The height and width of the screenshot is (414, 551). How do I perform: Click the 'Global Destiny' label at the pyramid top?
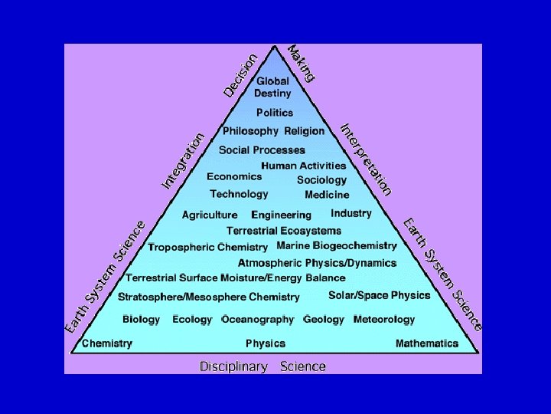point(273,87)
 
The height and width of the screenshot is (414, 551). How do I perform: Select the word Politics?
point(274,113)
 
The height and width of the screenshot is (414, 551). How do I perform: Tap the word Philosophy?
point(250,131)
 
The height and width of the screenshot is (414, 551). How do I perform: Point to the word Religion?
point(304,131)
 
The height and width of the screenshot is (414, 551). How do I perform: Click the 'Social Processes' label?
point(262,150)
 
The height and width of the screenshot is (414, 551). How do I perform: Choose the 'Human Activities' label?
point(303,166)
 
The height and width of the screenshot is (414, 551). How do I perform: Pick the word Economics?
point(234,176)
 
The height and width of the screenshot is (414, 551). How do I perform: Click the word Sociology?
point(321,180)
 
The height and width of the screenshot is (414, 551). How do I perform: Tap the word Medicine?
point(327,195)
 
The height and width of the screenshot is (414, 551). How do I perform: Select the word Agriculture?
point(210,215)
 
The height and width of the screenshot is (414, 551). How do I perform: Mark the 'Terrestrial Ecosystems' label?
point(284,231)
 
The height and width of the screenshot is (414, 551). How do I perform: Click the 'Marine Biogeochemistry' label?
point(337,246)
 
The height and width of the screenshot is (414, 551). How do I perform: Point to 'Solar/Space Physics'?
point(380,295)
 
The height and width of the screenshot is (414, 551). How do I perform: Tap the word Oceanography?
point(258,319)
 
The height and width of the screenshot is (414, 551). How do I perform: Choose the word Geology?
point(324,319)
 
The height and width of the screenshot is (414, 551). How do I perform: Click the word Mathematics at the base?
point(427,343)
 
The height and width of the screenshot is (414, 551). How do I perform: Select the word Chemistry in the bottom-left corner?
point(106,343)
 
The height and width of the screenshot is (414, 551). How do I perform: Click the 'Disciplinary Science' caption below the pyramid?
point(262,366)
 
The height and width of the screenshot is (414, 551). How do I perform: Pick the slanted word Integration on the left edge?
point(184,160)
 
